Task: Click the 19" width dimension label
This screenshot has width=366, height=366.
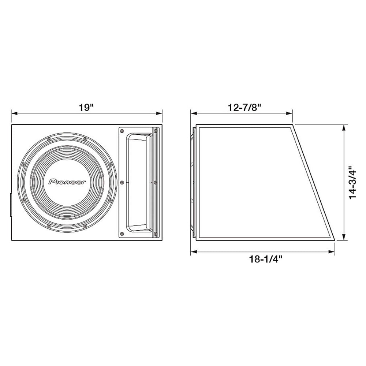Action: tap(86, 108)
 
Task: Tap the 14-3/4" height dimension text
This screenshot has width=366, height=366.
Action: tap(352, 183)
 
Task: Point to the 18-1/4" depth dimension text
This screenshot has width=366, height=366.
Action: tap(262, 259)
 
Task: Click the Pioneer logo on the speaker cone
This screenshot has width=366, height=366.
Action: tap(67, 182)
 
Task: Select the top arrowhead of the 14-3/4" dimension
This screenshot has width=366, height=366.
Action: tap(344, 127)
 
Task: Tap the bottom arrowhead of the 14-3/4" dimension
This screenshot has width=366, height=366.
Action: tap(344, 238)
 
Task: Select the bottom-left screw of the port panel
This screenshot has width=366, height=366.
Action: tap(122, 233)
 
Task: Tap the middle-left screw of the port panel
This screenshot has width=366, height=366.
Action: tap(122, 182)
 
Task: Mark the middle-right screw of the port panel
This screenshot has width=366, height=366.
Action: tap(156, 182)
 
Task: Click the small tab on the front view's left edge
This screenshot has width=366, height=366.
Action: tap(10, 205)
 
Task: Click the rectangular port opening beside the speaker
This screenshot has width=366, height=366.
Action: tap(138, 182)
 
